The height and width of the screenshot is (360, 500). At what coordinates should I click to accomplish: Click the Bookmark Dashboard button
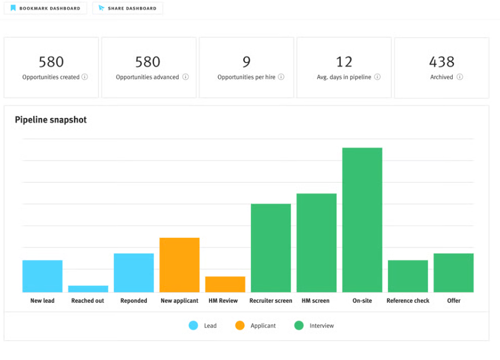tap(45, 8)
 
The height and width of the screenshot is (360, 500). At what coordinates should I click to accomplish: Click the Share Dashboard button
tap(127, 8)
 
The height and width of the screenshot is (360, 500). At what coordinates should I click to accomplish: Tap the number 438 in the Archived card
tap(441, 61)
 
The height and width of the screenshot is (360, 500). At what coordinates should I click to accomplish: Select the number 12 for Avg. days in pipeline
tap(344, 61)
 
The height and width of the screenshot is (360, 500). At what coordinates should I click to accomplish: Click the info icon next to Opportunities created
tap(85, 77)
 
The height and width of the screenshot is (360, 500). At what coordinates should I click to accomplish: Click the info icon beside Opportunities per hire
tap(281, 77)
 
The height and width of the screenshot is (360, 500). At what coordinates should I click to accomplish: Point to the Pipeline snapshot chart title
tap(51, 120)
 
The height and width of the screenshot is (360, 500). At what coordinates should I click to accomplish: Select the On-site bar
tap(362, 220)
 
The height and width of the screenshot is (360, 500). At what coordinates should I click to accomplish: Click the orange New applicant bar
tap(179, 265)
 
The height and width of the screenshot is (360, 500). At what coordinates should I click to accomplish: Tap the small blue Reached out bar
tap(88, 289)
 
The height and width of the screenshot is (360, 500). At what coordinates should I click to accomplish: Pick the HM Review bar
tap(225, 284)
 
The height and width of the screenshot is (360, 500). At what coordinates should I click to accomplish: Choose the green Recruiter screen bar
tap(270, 248)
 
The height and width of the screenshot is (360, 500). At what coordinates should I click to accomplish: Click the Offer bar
tap(453, 272)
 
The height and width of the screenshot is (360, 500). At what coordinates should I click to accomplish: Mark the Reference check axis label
tap(408, 301)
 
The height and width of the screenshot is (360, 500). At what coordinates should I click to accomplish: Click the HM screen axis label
tap(316, 301)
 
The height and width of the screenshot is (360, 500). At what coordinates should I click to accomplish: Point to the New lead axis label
tap(42, 301)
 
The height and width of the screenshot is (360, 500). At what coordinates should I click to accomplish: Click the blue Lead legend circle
tap(193, 326)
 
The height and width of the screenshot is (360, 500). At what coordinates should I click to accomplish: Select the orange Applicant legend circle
tap(239, 326)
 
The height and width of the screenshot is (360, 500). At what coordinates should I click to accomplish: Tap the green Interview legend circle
tap(299, 326)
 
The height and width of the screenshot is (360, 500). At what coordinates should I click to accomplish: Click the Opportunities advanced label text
tap(147, 77)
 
